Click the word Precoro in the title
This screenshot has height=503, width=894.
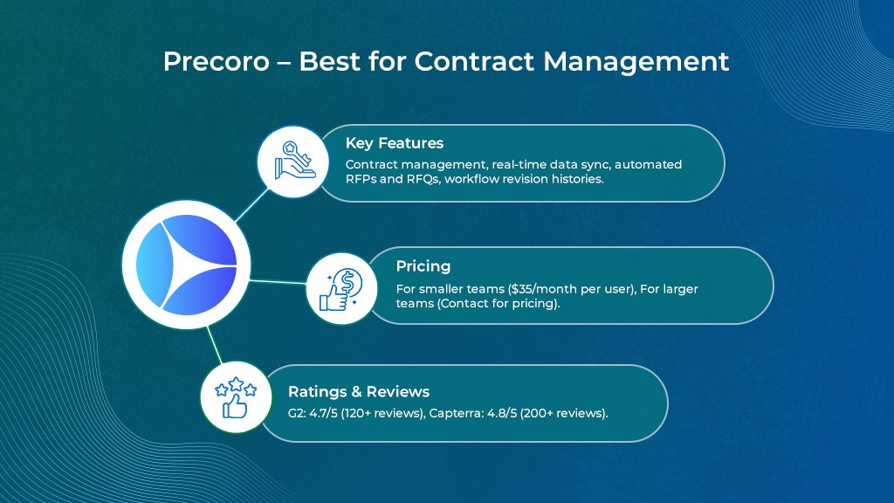click(217, 61)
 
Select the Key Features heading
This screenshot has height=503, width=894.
click(395, 143)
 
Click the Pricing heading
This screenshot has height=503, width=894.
click(423, 266)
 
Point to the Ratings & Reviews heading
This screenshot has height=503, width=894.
click(359, 392)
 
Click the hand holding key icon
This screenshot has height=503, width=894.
click(293, 162)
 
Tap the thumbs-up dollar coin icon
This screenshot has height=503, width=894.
click(341, 288)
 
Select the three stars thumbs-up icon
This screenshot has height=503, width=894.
click(236, 397)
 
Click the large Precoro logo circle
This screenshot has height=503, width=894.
click(187, 265)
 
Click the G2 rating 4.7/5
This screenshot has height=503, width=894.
click(323, 413)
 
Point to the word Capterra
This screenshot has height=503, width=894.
click(456, 413)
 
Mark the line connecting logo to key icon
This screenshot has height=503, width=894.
click(251, 205)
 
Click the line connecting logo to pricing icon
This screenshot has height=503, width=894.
click(279, 282)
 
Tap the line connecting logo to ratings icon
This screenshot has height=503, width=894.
click(215, 344)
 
